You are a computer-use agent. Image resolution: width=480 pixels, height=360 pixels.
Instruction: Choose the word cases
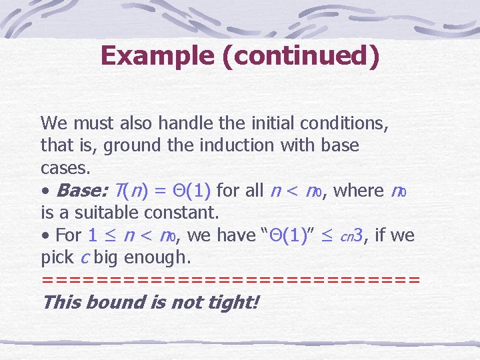pyautogui.click(x=61, y=167)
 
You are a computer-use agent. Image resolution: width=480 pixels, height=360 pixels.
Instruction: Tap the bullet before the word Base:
pyautogui.click(x=45, y=191)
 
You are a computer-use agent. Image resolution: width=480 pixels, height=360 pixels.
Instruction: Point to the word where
pyautogui.click(x=358, y=190)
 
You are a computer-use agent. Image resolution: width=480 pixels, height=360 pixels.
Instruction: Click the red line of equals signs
pyautogui.click(x=230, y=279)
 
